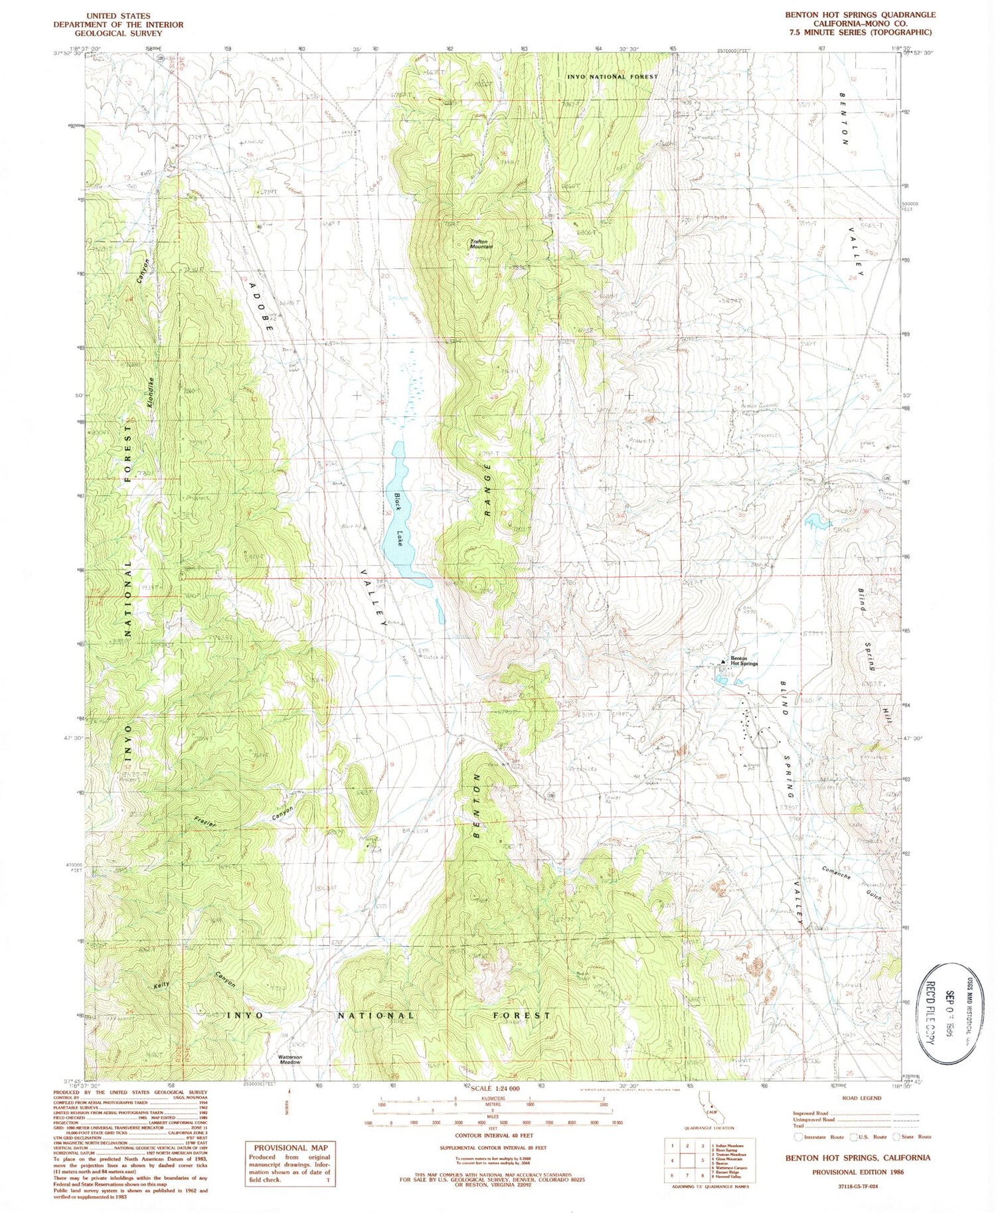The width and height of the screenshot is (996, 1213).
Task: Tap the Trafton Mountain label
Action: coord(482,244)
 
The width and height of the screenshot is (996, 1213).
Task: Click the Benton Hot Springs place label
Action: coord(744,661)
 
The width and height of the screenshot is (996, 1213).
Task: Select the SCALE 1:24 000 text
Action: coord(495,1090)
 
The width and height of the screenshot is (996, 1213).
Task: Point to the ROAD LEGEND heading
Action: coord(861,1098)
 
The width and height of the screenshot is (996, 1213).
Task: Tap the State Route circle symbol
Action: coord(896,1137)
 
